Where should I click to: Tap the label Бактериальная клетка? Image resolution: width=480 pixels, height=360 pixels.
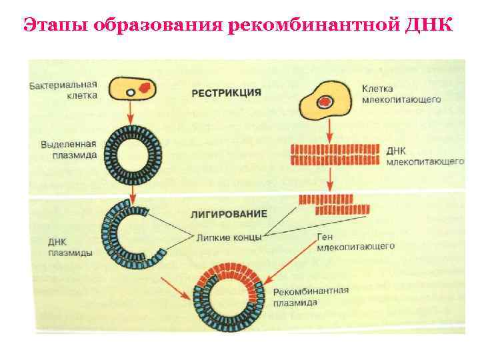pyautogui.click(x=64, y=90)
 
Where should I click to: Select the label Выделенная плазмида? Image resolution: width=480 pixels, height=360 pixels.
pyautogui.click(x=69, y=149)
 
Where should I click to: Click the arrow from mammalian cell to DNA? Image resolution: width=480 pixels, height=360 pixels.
pyautogui.click(x=329, y=127)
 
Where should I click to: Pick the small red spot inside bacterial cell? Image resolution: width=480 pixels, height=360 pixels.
pyautogui.click(x=145, y=86)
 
